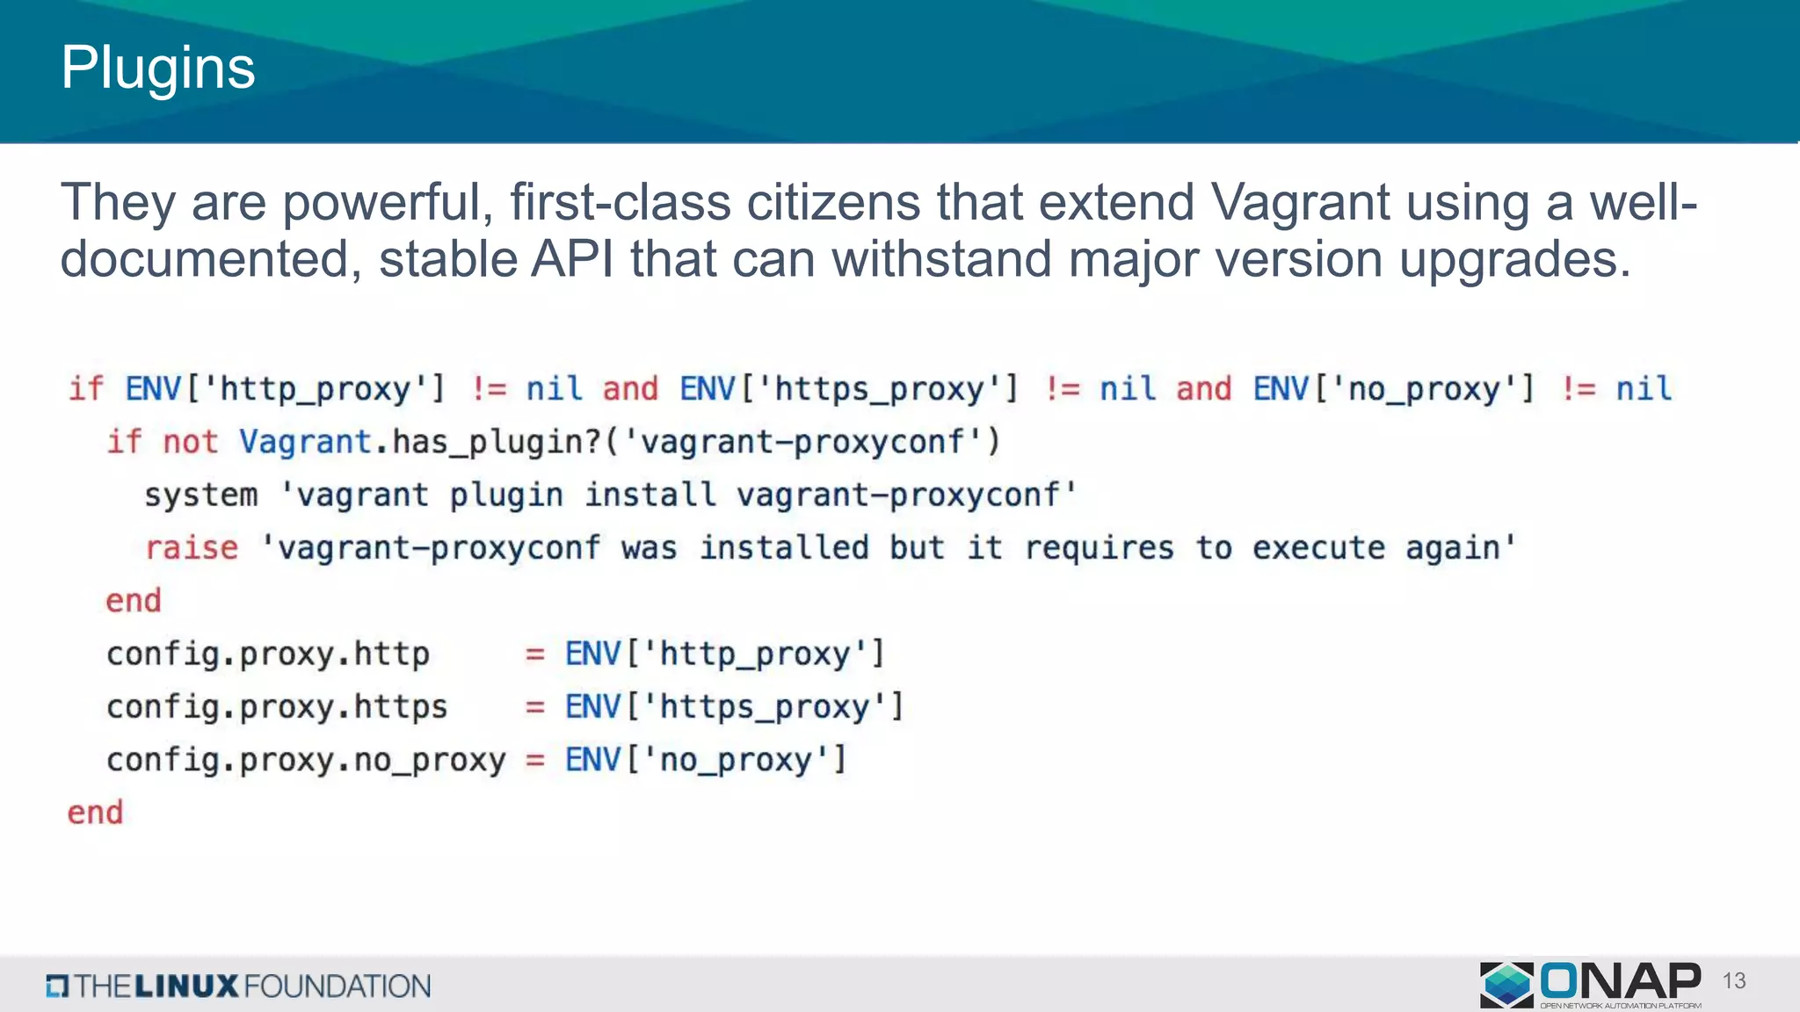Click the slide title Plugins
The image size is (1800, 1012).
click(158, 69)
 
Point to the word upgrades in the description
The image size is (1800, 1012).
click(1514, 261)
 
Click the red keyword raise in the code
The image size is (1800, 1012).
click(192, 548)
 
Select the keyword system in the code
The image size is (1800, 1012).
click(201, 495)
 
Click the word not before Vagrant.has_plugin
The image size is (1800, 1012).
click(190, 442)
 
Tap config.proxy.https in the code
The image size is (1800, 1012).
click(277, 707)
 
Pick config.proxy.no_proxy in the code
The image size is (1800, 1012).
click(306, 760)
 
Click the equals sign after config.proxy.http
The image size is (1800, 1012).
click(534, 654)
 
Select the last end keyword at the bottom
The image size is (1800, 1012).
click(95, 813)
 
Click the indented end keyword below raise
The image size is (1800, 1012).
click(134, 601)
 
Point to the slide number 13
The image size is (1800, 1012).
click(1734, 981)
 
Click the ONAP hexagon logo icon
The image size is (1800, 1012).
click(1506, 984)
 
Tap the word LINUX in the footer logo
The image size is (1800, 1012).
click(186, 987)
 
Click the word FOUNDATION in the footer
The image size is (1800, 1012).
click(337, 987)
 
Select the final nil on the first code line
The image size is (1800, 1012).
click(1644, 389)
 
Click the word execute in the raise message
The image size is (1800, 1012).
click(1318, 548)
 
